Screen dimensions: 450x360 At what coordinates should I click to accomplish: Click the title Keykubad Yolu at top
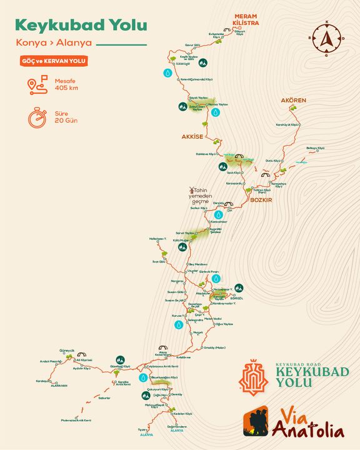[x=81, y=25]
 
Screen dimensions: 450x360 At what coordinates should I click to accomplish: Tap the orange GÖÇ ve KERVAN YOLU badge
[x=54, y=61]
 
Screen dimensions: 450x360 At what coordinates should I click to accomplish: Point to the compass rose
[x=326, y=39]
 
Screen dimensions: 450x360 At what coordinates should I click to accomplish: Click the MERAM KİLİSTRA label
[x=246, y=19]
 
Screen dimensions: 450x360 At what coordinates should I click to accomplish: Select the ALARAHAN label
[x=59, y=386]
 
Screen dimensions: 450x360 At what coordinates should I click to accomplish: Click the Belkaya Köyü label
[x=316, y=147]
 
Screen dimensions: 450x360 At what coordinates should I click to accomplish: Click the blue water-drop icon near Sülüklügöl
[x=167, y=72]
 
